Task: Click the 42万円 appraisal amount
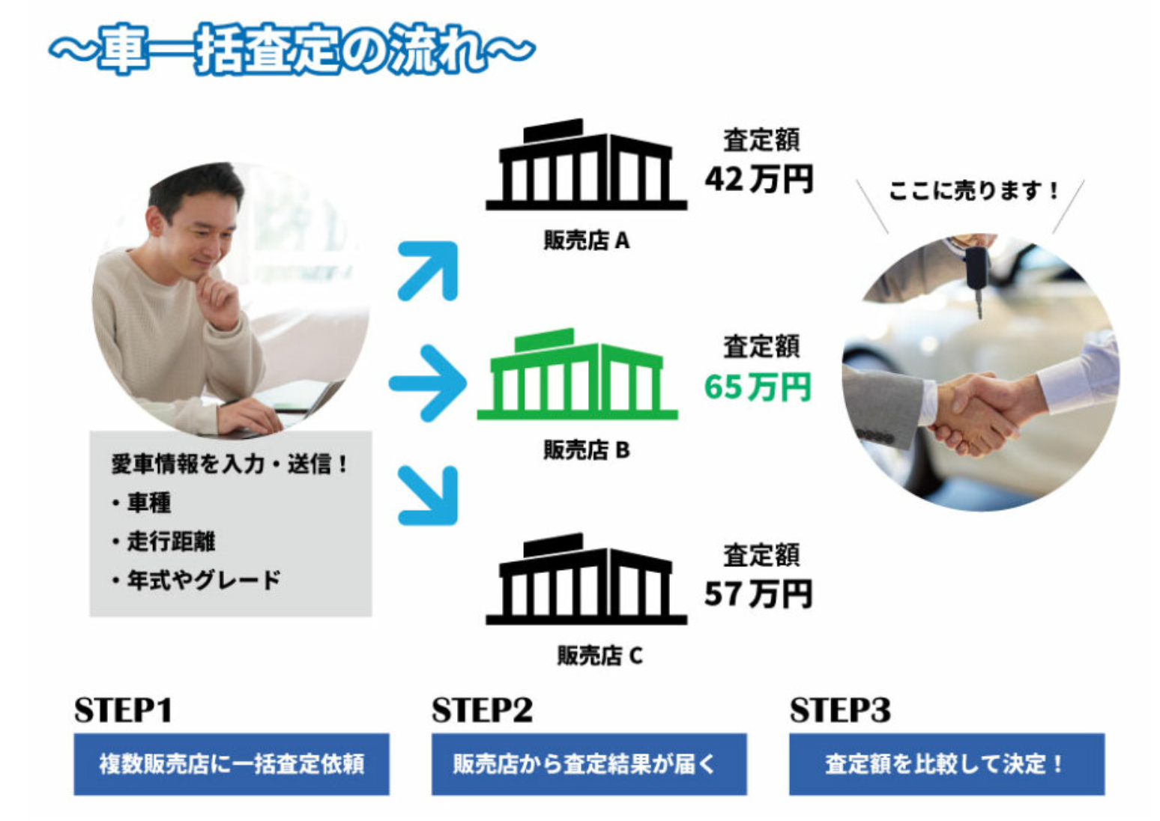(x=758, y=179)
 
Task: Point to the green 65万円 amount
(x=758, y=387)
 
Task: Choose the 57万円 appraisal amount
(x=758, y=593)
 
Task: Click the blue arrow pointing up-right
(x=429, y=270)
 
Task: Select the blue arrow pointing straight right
(x=428, y=384)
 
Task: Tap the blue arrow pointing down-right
(x=429, y=495)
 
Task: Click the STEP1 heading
(x=123, y=709)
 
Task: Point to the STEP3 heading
(x=840, y=709)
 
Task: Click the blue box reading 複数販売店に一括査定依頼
(x=232, y=764)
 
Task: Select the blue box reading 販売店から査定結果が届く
(x=589, y=764)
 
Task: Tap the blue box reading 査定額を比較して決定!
(x=947, y=764)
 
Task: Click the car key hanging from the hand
(x=977, y=279)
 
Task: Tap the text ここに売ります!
(x=973, y=190)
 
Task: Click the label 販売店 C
(x=599, y=655)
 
